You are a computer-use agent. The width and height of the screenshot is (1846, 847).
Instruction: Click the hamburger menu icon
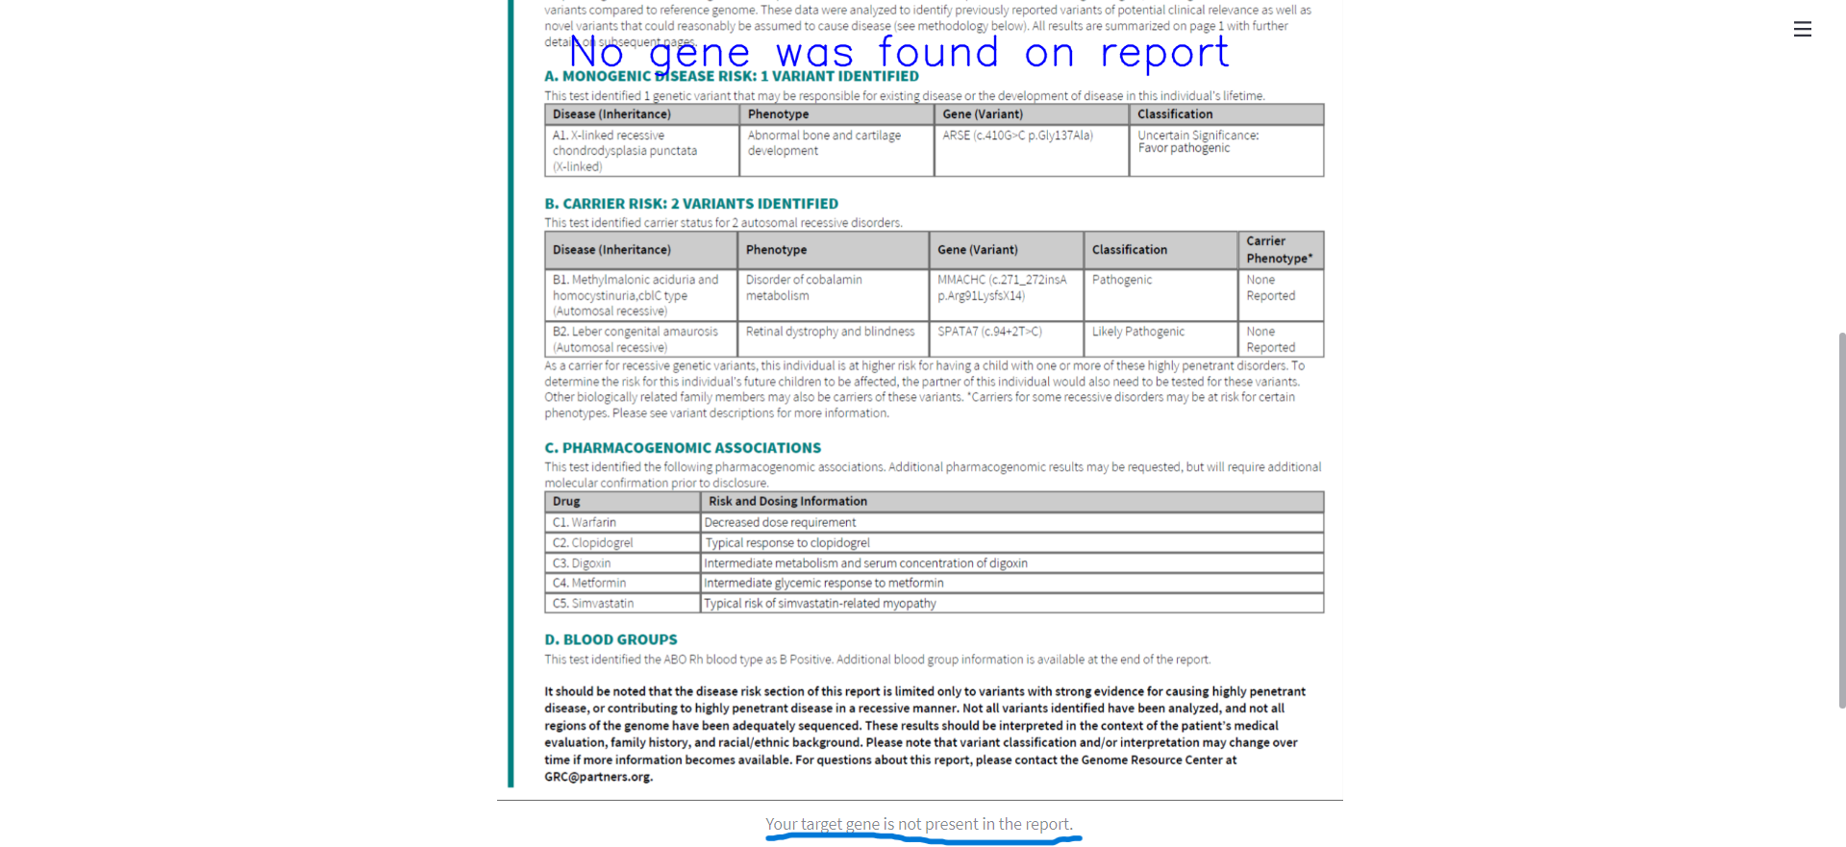[x=1803, y=30]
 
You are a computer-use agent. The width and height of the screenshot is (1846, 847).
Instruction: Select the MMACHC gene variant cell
[x=1002, y=287]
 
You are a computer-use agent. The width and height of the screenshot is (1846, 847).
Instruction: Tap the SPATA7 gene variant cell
[x=989, y=332]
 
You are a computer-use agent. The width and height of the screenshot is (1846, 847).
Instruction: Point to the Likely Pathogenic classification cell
[x=1138, y=332]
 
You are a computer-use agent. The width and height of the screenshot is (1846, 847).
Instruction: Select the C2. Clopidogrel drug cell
[x=593, y=543]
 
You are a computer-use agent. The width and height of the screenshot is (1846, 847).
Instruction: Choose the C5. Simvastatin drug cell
[x=593, y=604]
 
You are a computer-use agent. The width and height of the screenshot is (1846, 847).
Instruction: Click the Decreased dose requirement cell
[x=780, y=523]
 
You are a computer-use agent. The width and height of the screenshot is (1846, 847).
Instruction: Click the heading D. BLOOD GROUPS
[x=611, y=640]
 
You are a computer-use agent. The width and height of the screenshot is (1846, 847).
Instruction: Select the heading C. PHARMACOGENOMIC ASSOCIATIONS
[x=683, y=448]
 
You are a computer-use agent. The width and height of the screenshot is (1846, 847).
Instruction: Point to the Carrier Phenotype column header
[x=1279, y=250]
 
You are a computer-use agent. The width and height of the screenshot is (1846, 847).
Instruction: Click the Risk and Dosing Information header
[x=787, y=502]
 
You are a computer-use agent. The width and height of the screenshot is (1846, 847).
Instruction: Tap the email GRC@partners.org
[x=598, y=777]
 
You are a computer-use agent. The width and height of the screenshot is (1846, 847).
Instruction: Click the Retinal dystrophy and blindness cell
[x=830, y=332]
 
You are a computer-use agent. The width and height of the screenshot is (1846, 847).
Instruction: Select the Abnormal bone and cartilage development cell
[x=824, y=143]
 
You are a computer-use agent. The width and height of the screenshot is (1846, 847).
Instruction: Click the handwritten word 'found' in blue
[x=938, y=52]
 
